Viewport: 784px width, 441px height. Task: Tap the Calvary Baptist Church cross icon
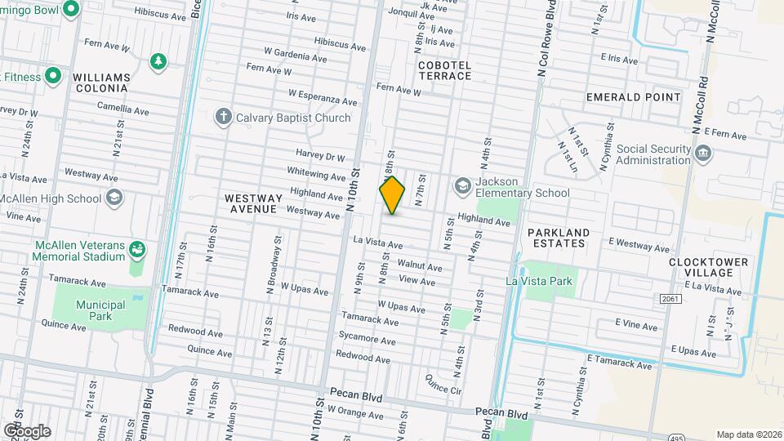pyautogui.click(x=223, y=117)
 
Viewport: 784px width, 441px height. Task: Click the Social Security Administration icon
pyautogui.click(x=702, y=154)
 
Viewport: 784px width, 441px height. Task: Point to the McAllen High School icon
pyautogui.click(x=114, y=198)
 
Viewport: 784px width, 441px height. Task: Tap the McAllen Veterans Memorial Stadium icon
pyautogui.click(x=137, y=248)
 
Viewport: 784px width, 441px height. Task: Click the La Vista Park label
pyautogui.click(x=539, y=281)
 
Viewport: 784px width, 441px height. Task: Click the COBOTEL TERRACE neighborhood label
pyautogui.click(x=444, y=69)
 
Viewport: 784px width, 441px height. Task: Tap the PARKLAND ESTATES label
pyautogui.click(x=557, y=238)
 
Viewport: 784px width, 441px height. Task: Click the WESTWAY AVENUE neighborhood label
pyautogui.click(x=253, y=203)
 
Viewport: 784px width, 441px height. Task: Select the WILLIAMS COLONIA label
pyautogui.click(x=101, y=82)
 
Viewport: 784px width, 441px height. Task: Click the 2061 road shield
pyautogui.click(x=669, y=300)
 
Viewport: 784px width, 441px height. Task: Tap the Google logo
pyautogui.click(x=27, y=431)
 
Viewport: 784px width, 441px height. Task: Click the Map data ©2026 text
pyautogui.click(x=749, y=434)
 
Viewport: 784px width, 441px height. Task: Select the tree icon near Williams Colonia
pyautogui.click(x=158, y=61)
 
